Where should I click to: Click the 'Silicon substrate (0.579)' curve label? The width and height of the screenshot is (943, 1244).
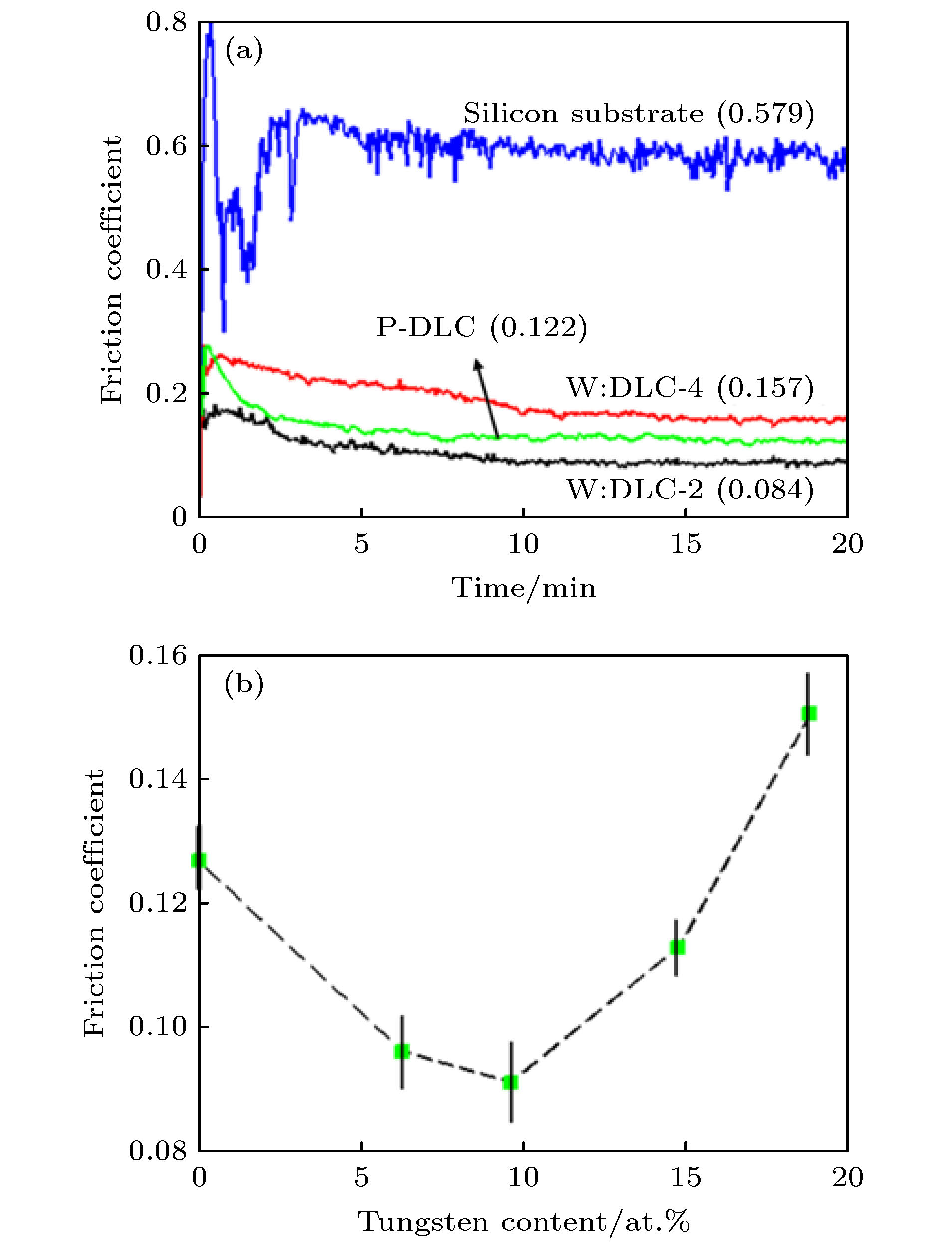tap(638, 114)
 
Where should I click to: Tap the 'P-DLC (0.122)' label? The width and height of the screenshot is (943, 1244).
tap(481, 327)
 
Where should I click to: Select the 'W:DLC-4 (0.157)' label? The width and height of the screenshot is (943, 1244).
tap(690, 388)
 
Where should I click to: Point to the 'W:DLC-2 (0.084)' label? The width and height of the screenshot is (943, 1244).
tap(690, 490)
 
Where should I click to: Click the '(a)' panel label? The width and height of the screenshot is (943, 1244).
tap(243, 52)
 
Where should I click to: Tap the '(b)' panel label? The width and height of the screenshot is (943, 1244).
tap(243, 685)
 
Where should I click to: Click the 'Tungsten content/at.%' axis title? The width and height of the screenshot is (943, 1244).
tap(523, 1221)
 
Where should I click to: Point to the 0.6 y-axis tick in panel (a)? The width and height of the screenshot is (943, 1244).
tap(166, 146)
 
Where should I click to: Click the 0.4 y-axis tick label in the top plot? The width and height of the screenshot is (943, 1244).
tap(166, 270)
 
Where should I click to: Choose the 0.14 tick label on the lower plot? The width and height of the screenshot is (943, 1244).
tap(158, 780)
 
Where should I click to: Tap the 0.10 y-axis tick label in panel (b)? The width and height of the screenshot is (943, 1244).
tap(158, 1027)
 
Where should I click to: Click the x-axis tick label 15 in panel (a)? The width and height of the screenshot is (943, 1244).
tap(686, 544)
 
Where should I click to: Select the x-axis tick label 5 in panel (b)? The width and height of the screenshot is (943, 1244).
tap(361, 1178)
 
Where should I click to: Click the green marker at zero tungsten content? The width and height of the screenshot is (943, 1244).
tap(199, 860)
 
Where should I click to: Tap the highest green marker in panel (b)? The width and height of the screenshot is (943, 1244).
tap(809, 714)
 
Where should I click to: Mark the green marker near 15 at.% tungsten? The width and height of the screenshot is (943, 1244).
tap(677, 947)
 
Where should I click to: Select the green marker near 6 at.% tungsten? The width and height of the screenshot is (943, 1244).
tap(402, 1052)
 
